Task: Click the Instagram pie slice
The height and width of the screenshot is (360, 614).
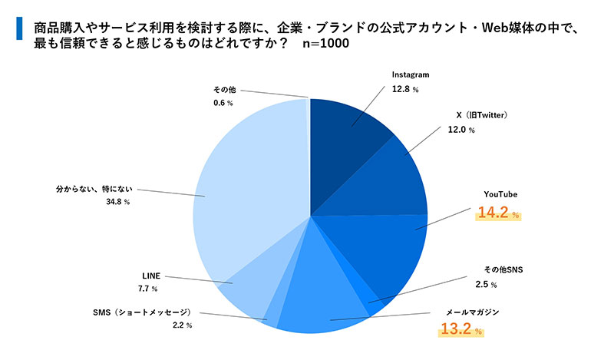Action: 345,141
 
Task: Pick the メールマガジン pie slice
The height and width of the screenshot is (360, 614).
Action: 325,290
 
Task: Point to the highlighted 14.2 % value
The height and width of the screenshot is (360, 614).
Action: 498,213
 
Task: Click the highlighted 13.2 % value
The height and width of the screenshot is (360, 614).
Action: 461,329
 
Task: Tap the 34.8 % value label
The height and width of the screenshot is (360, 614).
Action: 117,202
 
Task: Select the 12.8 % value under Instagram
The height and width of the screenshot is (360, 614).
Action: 405,89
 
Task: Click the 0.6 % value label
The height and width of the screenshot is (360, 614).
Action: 223,103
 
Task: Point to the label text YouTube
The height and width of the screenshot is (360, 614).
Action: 500,195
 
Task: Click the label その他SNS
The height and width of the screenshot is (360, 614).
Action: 503,270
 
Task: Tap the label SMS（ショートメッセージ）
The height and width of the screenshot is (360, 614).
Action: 142,312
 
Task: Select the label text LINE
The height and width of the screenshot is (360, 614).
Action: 151,276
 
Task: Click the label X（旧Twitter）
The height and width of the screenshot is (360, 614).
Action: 482,115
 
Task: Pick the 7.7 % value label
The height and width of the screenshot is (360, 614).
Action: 147,289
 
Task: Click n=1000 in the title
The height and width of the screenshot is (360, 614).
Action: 325,43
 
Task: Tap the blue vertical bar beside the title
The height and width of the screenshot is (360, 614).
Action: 19,28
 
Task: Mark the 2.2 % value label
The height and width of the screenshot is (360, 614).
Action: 183,325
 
